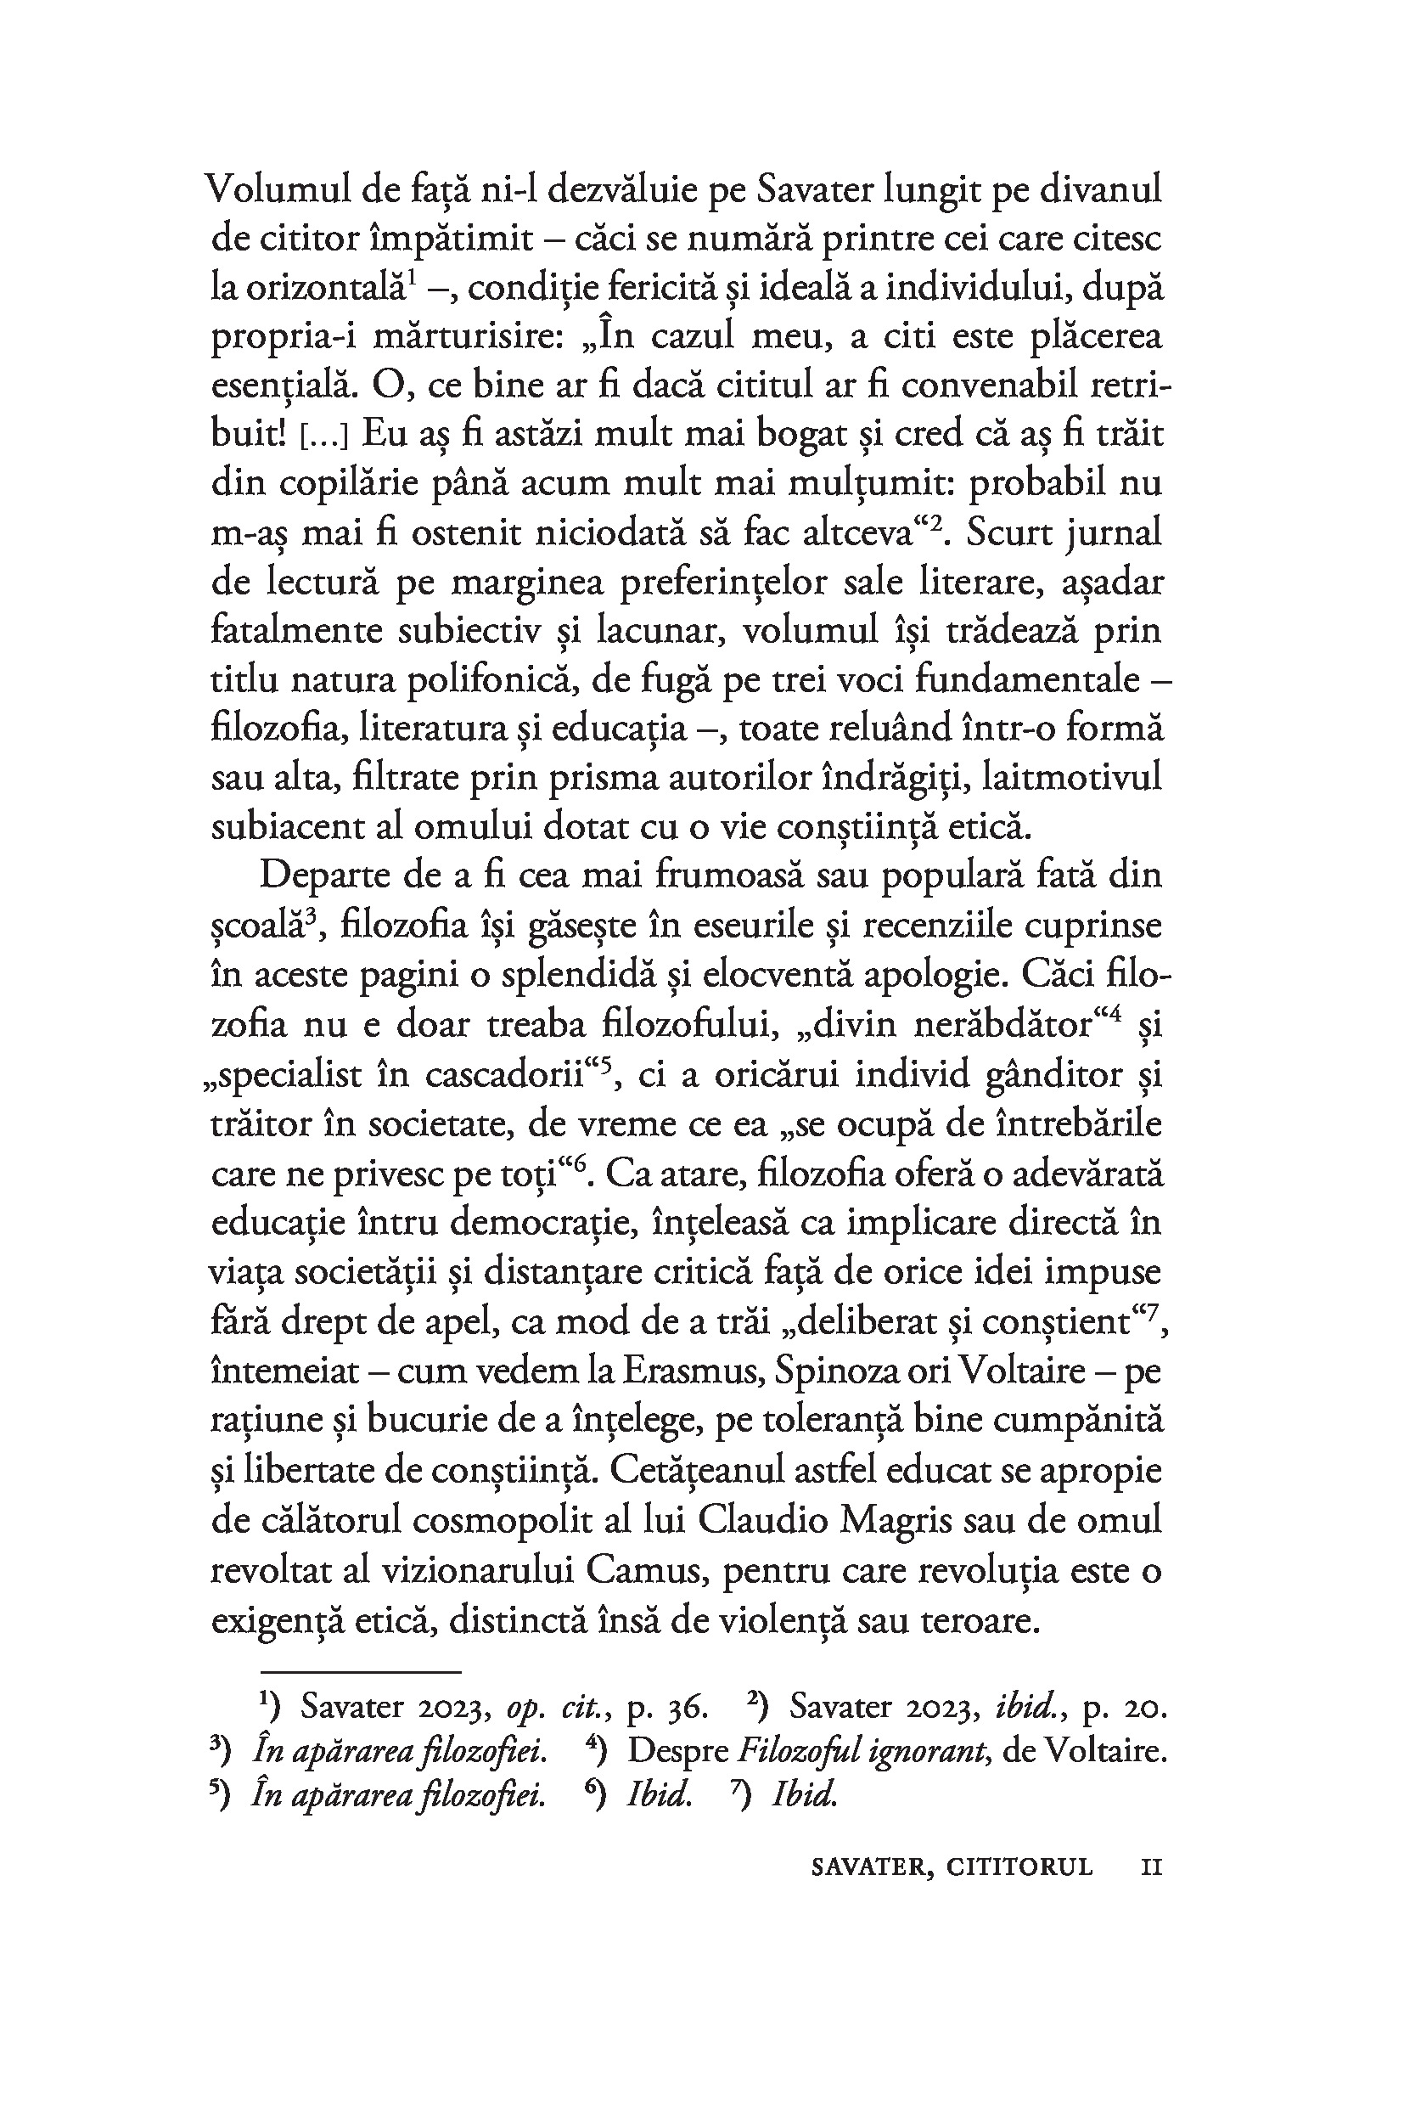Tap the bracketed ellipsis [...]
322,436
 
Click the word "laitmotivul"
1072,777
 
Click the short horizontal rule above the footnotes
360,1670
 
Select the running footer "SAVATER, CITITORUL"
952,1866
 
